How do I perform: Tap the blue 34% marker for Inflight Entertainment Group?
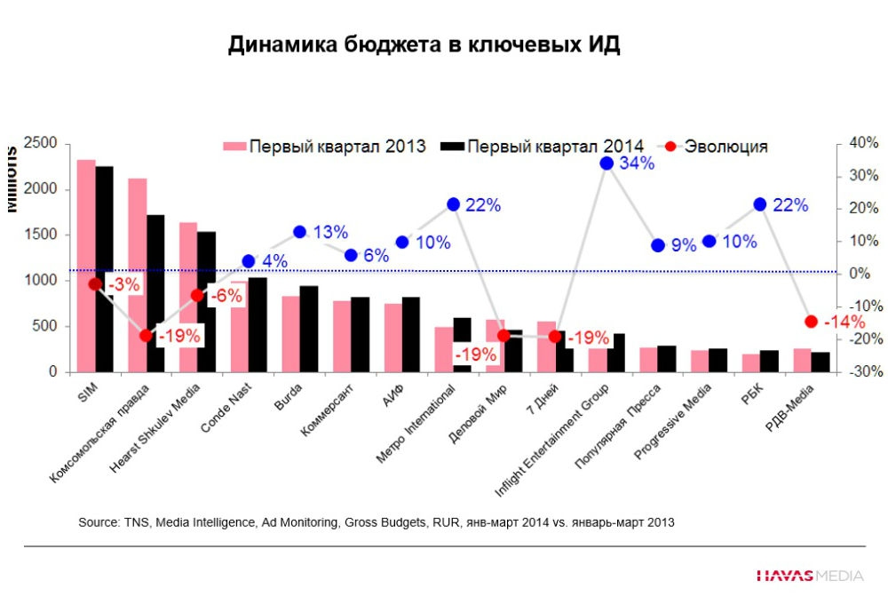pos(607,163)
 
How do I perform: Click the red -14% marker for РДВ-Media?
pos(811,322)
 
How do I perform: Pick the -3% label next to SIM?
pos(124,285)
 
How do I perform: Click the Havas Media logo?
pos(809,576)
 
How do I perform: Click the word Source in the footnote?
pos(98,522)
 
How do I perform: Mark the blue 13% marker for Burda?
pos(300,232)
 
